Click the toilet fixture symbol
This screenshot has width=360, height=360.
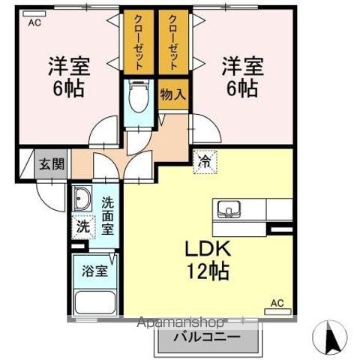[x=139, y=97]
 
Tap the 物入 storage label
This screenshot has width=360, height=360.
[x=173, y=94]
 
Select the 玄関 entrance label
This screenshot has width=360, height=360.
[x=52, y=164]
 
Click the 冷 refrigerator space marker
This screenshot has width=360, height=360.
[x=205, y=162]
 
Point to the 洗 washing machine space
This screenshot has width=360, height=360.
[x=83, y=227]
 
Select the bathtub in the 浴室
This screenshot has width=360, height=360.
[x=95, y=303]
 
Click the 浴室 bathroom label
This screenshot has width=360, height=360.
[x=95, y=271]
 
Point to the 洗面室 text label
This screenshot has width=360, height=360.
[x=108, y=216]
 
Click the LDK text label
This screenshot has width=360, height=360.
[x=208, y=248]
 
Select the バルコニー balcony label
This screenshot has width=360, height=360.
[x=207, y=337]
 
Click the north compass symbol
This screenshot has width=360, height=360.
[x=330, y=337]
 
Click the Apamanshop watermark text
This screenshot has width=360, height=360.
[x=181, y=323]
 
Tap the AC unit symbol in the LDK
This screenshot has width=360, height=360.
[x=277, y=312]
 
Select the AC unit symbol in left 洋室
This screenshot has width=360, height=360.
[x=34, y=13]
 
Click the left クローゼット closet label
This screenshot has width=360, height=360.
[x=139, y=42]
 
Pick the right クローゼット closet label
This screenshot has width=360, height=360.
[x=173, y=42]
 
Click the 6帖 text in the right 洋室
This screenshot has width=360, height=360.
[x=242, y=88]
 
